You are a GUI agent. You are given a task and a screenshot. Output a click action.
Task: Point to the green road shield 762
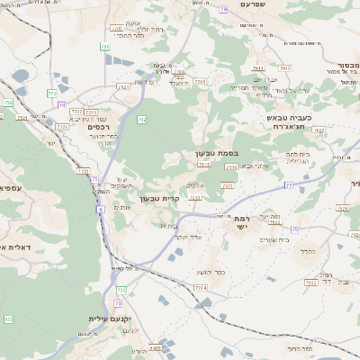pyautogui.click(x=141, y=119)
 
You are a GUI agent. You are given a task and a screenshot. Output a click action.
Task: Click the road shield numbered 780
pyautogui.click(x=105, y=46)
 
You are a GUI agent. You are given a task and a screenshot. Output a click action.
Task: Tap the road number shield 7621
pyautogui.click(x=124, y=87)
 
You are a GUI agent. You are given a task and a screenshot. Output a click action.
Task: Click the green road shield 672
pyautogui.click(x=9, y=319)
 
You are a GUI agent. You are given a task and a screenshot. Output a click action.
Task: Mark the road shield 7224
pyautogui.click(x=201, y=287)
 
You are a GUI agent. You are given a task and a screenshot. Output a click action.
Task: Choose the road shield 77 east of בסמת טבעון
pyautogui.click(x=288, y=184)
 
